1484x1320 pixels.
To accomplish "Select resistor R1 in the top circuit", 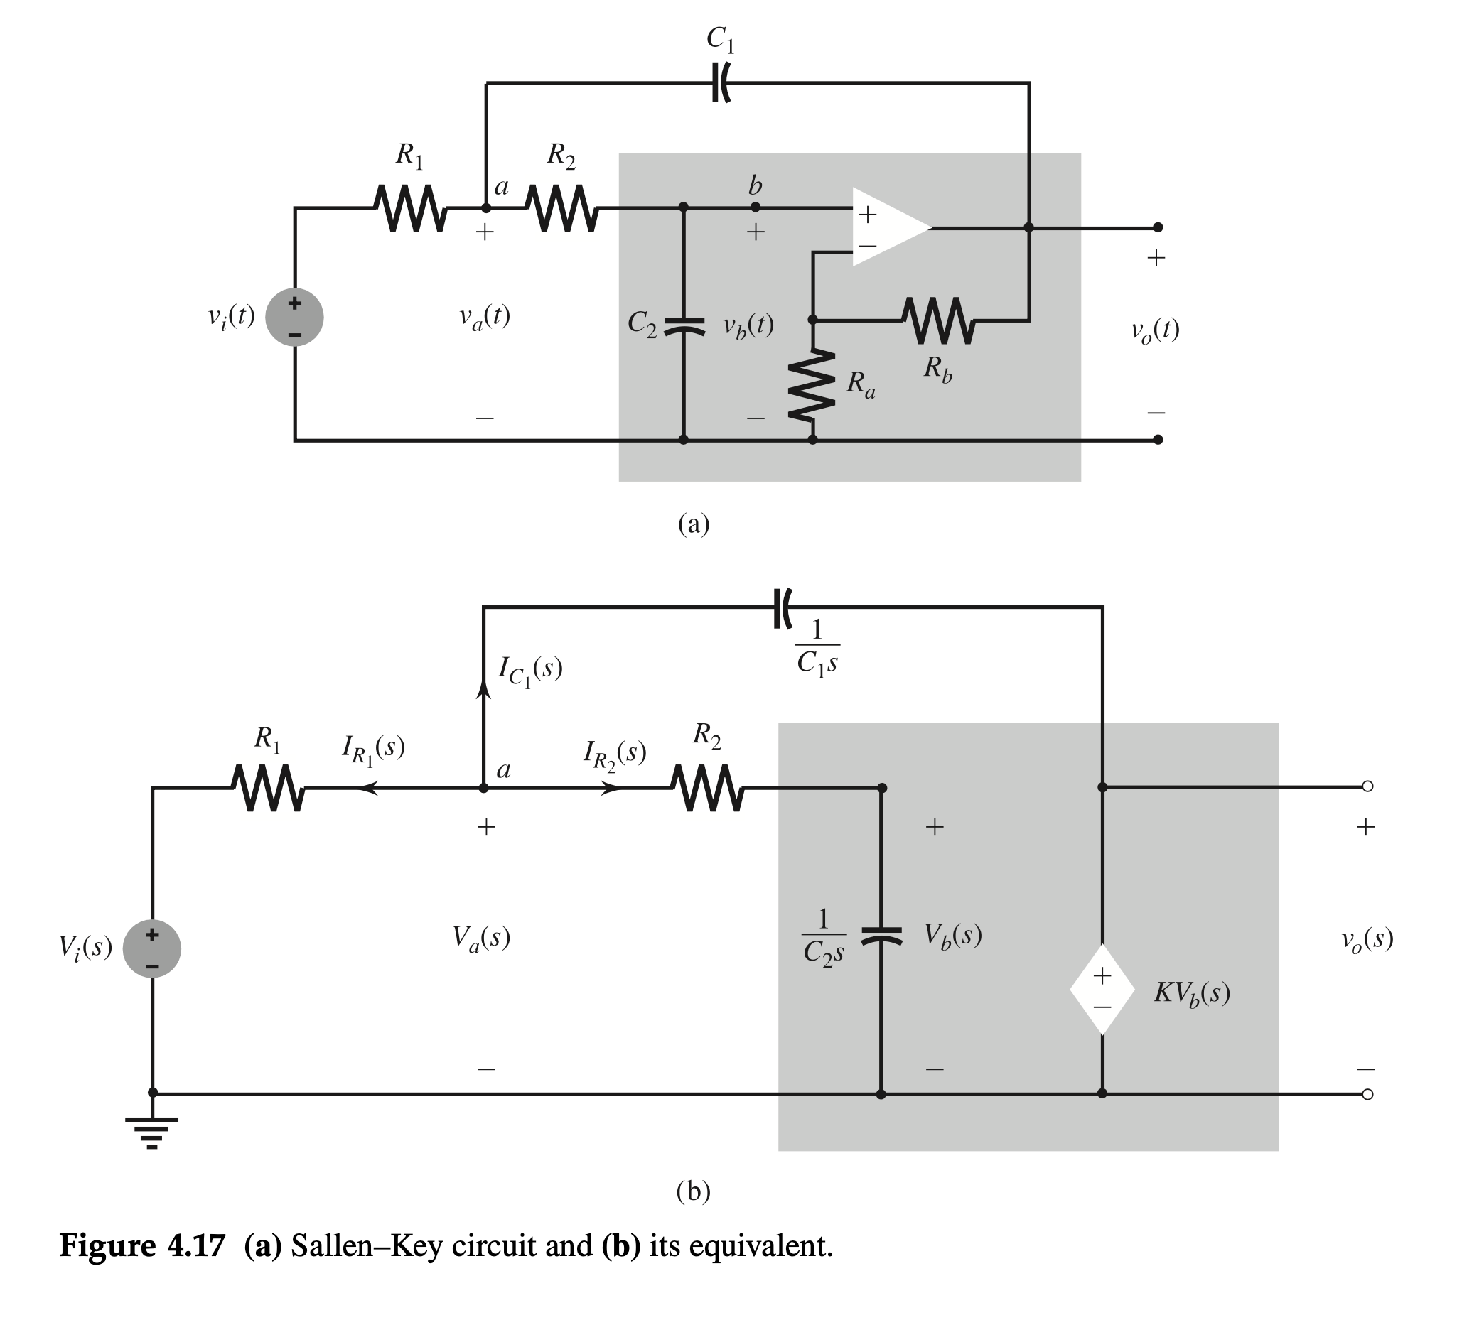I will [x=411, y=208].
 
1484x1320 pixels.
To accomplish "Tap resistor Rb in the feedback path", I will [x=939, y=320].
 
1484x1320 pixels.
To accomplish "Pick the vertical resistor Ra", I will [x=812, y=385].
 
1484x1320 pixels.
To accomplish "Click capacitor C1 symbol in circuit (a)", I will [x=719, y=82].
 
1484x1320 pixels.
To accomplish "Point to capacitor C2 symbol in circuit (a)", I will [x=683, y=326].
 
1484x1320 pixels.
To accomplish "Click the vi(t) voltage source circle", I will [x=294, y=317].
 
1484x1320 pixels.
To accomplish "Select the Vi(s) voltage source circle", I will [x=151, y=948].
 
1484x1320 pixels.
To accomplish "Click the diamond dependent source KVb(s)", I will [x=1102, y=990].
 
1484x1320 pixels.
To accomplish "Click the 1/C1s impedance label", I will [x=817, y=647].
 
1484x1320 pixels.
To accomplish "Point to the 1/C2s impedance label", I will [x=823, y=937].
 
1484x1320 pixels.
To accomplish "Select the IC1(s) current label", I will [x=530, y=670].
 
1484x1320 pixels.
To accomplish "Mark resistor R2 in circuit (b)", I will [x=706, y=788].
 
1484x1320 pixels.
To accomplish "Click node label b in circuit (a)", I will [x=755, y=187].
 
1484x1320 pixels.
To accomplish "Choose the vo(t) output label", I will [x=1154, y=331].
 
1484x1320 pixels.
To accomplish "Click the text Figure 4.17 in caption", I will [x=142, y=1246].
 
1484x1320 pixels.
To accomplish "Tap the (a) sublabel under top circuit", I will [x=694, y=523].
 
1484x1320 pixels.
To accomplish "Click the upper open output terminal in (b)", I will [x=1367, y=786].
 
